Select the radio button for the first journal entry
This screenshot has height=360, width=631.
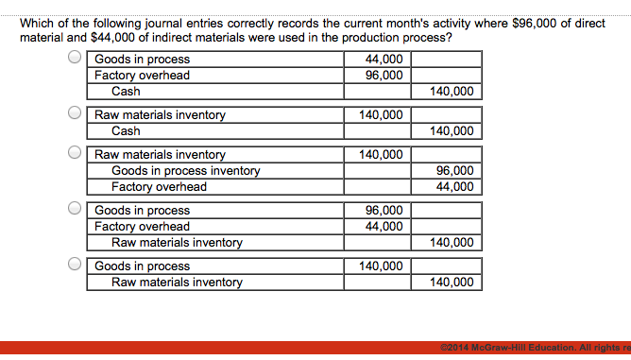coord(75,58)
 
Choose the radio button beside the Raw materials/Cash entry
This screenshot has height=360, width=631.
coord(75,113)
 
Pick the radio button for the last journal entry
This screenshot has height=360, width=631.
coord(75,265)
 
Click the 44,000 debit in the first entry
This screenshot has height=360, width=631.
coord(384,60)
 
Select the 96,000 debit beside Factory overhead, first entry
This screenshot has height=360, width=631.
coord(384,76)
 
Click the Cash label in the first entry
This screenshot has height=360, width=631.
coord(126,92)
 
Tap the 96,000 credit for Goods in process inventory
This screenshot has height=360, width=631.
coord(454,171)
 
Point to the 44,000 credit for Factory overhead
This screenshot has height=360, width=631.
coord(454,187)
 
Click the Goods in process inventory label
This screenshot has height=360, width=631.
coord(185,171)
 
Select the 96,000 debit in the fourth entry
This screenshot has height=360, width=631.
coord(384,211)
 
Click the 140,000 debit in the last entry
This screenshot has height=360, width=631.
coord(381,266)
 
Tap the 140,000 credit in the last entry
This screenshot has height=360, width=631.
coord(452,283)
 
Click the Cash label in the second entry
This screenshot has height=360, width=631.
coord(126,131)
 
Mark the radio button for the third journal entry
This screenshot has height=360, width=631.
coord(75,152)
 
